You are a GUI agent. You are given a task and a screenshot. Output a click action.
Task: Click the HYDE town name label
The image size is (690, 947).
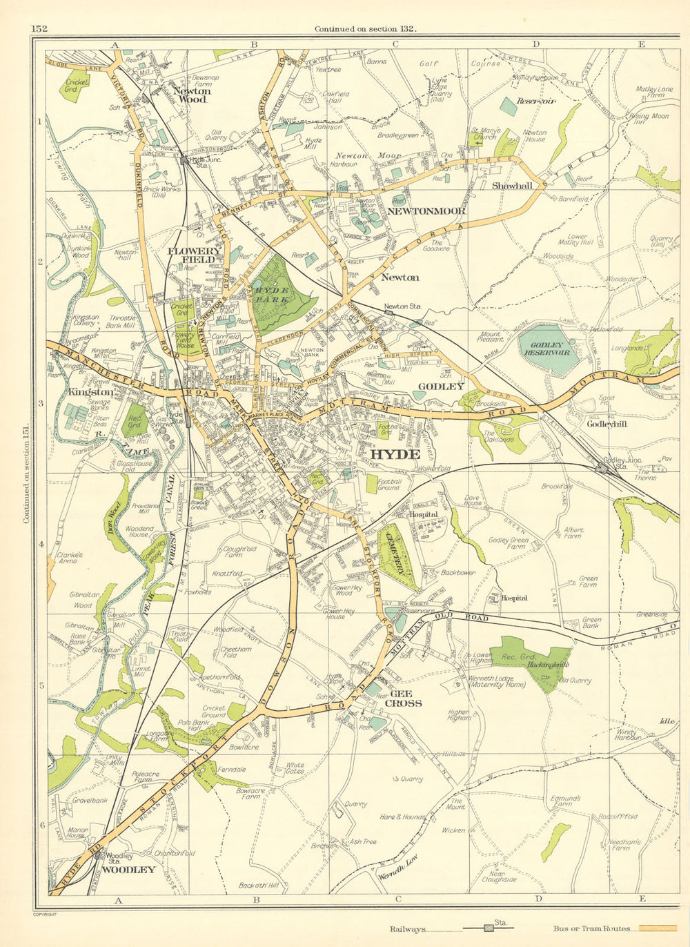pos(395,454)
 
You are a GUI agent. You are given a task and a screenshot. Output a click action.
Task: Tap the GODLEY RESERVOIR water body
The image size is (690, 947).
pos(550,349)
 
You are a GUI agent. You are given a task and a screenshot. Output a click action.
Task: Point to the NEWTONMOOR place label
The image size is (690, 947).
pos(426,211)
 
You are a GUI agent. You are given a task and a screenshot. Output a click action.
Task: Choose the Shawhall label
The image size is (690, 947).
pos(511,186)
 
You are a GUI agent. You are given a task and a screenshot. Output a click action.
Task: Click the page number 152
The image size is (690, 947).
pos(39,28)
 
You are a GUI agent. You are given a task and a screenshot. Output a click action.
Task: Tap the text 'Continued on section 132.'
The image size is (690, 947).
pos(365,28)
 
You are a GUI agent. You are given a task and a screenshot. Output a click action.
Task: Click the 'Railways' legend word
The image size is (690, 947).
pos(407,930)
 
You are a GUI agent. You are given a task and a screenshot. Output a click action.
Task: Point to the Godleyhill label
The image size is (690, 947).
pos(606,424)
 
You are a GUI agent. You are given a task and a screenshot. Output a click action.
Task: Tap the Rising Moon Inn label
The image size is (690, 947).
pos(649,119)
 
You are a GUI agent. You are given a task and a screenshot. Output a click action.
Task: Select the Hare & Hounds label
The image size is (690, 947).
pos(402,817)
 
